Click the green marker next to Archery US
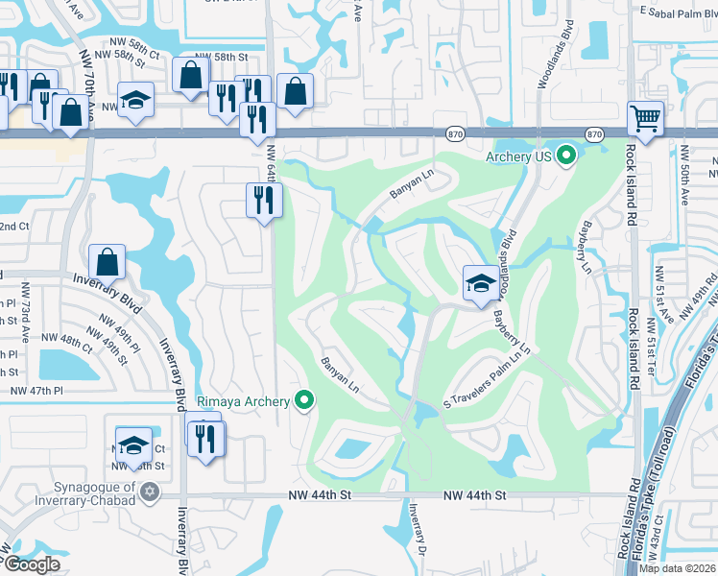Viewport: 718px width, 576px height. click(566, 155)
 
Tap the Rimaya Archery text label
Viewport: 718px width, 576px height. click(245, 401)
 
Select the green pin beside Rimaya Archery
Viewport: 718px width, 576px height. click(305, 400)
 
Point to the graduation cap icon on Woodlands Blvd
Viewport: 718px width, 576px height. click(480, 284)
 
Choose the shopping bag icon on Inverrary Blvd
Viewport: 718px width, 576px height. click(108, 262)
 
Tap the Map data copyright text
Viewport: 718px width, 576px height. click(678, 568)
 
